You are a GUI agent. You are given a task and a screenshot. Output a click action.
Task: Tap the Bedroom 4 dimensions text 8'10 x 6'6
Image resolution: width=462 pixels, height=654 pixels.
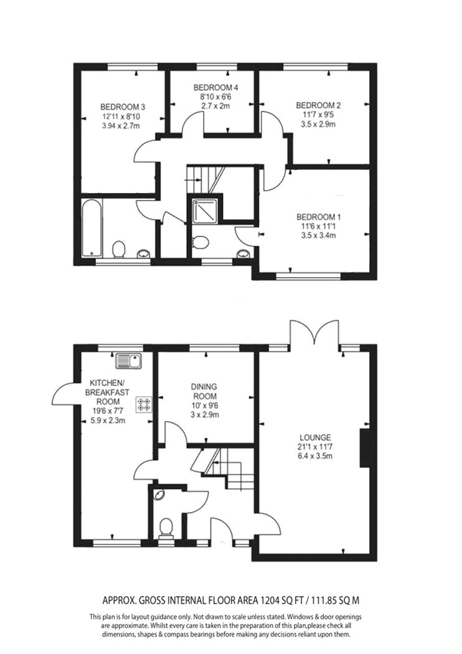pos(215,97)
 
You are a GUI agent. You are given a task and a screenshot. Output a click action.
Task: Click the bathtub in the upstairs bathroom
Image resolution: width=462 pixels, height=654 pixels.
pos(92,229)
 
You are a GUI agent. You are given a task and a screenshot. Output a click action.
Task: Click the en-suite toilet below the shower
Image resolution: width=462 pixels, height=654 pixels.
pos(200,242)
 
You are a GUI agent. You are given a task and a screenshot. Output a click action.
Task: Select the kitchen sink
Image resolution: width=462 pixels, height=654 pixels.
pos(130,361)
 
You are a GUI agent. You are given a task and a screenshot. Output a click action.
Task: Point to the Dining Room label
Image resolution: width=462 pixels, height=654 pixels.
pos(204,391)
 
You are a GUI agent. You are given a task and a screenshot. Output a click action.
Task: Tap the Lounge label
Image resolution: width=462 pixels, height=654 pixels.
pos(315,437)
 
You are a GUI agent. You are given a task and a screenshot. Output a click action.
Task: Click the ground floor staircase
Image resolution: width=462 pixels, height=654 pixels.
pos(225,468)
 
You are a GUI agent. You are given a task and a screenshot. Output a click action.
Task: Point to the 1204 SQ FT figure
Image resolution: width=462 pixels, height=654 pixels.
pos(278,600)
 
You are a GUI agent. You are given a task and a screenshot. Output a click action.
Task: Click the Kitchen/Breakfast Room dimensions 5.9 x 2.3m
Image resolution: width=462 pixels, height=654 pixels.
pos(108,420)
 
